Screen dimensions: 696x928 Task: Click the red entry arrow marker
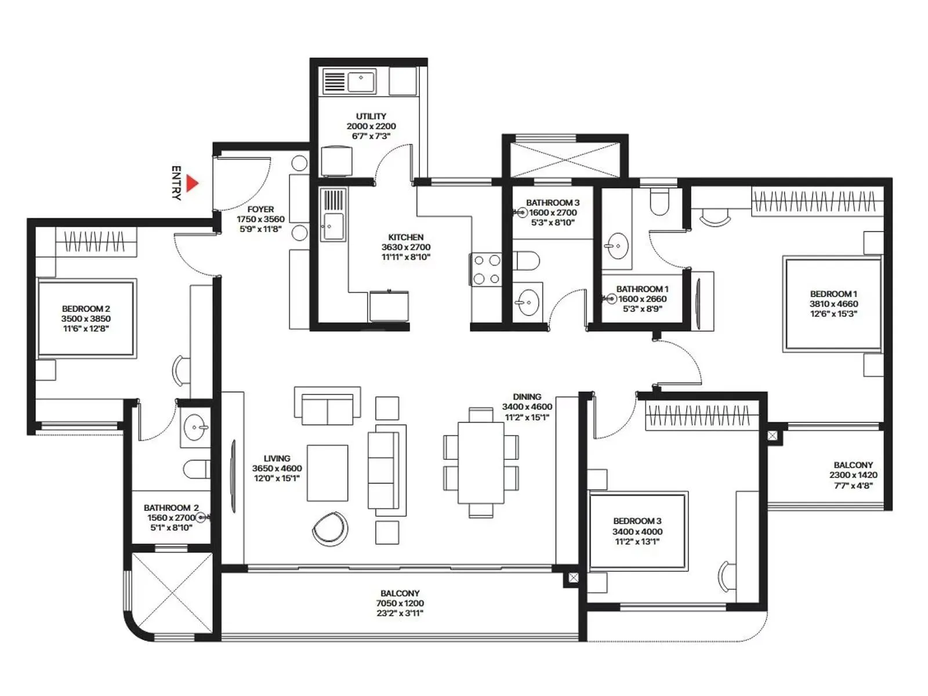click(192, 184)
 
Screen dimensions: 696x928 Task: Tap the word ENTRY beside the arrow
click(176, 183)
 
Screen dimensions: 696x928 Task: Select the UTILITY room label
click(371, 116)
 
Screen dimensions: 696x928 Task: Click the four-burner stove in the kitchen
click(486, 269)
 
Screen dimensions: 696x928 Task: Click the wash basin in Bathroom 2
click(195, 429)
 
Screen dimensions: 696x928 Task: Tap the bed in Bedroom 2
click(86, 318)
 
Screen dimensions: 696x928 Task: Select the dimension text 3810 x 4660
click(833, 303)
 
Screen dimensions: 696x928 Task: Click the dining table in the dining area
click(481, 462)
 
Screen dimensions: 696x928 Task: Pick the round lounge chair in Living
click(330, 528)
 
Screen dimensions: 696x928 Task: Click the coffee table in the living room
click(328, 473)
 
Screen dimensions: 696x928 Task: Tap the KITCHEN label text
click(405, 237)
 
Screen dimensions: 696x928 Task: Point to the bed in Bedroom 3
click(637, 531)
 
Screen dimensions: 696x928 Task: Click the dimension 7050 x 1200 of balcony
click(400, 603)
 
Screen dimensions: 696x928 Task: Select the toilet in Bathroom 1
click(659, 201)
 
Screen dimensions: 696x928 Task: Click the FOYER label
click(260, 209)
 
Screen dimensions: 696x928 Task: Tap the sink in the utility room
click(361, 81)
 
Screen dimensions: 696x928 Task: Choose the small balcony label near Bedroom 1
click(853, 465)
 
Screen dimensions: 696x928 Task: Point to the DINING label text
click(527, 397)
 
